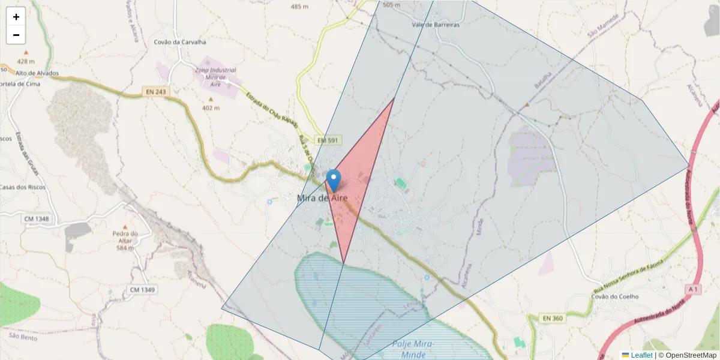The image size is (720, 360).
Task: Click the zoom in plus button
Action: [16, 17]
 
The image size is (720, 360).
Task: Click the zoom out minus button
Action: [16, 35]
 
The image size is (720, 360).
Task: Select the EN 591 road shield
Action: [328, 140]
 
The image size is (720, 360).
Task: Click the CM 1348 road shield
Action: [37, 219]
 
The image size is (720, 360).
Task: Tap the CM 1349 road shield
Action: [142, 290]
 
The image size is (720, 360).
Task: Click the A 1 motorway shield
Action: [693, 289]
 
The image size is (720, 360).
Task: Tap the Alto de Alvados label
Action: [37, 73]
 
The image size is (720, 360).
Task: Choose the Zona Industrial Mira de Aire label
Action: [214, 77]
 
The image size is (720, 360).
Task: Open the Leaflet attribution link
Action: [641, 355]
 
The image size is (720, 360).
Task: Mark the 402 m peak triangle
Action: [211, 99]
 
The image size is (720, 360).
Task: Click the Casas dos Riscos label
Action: [23, 187]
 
